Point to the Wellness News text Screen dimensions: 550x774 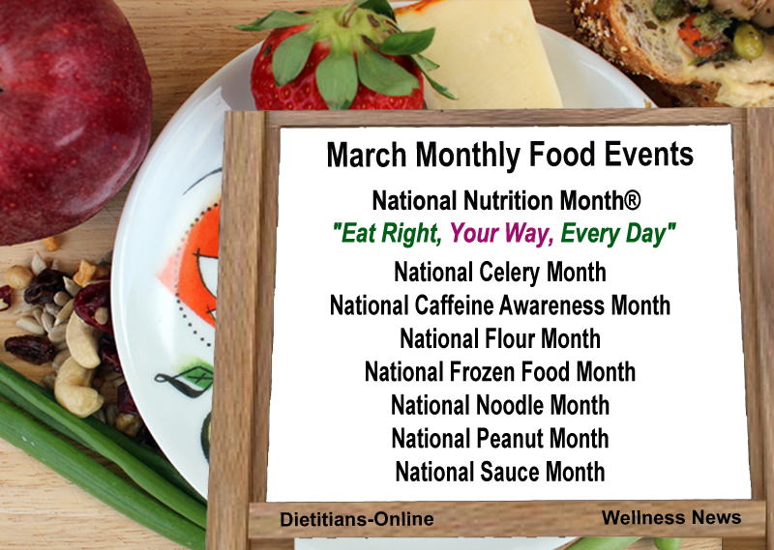click(670, 518)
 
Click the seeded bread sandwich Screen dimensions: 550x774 click(677, 48)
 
